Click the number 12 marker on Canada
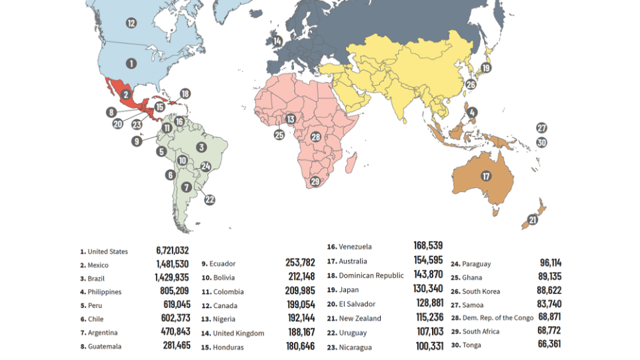click(x=131, y=23)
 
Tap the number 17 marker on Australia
click(x=486, y=176)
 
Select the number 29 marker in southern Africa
click(x=315, y=181)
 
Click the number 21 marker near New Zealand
click(x=533, y=219)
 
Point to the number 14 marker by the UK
click(x=277, y=41)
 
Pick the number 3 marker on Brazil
click(x=201, y=147)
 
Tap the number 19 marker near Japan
click(x=486, y=68)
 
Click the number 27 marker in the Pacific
click(x=541, y=128)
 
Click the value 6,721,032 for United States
click(x=173, y=251)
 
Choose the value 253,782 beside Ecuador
click(x=299, y=263)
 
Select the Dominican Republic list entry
click(x=371, y=275)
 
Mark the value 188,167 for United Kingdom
click(x=299, y=333)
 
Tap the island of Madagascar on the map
click(x=352, y=163)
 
